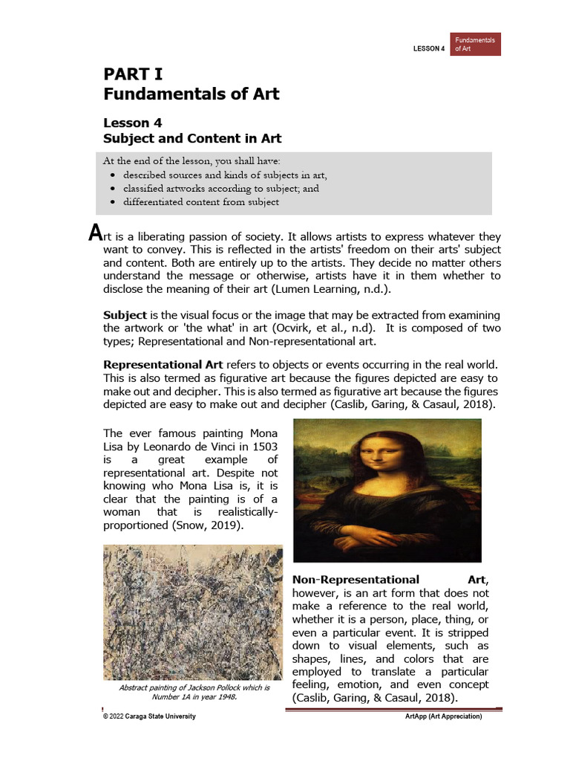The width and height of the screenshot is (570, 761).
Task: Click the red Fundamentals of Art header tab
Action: point(475,44)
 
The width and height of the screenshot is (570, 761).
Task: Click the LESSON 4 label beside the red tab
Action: point(428,49)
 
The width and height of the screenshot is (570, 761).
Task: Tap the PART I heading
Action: point(133,74)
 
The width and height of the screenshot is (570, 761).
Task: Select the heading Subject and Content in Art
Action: point(191,138)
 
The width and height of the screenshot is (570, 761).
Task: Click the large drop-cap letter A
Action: point(94,233)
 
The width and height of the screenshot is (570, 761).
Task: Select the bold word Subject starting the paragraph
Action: point(125,316)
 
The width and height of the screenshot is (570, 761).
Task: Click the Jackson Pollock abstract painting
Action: point(193,612)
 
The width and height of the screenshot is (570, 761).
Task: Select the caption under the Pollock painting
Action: point(194,693)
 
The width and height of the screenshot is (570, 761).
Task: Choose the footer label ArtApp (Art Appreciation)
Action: point(443,716)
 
